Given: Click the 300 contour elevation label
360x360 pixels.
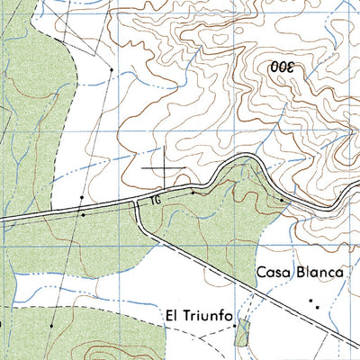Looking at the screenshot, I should pyautogui.click(x=281, y=67).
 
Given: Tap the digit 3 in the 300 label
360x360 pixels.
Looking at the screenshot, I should pyautogui.click(x=291, y=67).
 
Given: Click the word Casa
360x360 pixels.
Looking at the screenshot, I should pyautogui.click(x=272, y=272).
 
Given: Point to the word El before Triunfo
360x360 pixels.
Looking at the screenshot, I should pyautogui.click(x=172, y=317).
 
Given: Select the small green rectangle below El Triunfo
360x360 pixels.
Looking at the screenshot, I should pyautogui.click(x=240, y=336).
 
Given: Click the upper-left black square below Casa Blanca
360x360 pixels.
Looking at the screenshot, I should pyautogui.click(x=310, y=300).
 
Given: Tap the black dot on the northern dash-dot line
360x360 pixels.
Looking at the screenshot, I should pyautogui.click(x=111, y=68).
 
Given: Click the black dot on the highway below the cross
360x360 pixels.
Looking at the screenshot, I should pyautogui.click(x=192, y=191).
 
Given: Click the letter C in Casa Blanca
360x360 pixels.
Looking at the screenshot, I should pyautogui.click(x=262, y=272).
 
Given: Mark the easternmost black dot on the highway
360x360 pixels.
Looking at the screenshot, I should pyautogui.click(x=282, y=200).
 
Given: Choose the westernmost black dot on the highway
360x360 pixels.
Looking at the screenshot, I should pyautogui.click(x=82, y=215).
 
